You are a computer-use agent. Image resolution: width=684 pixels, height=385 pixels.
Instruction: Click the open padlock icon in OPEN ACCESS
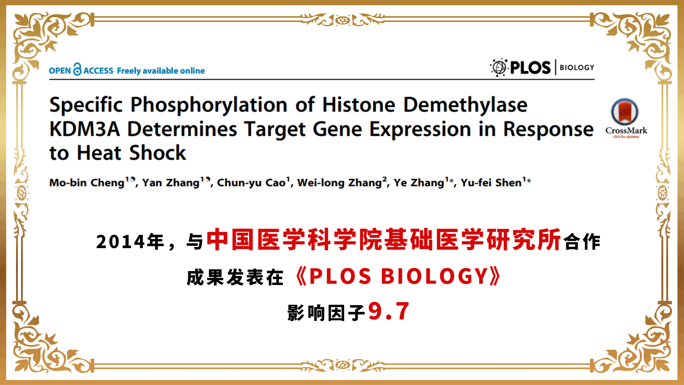pyautogui.click(x=77, y=69)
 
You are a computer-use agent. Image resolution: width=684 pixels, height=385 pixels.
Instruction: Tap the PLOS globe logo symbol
pyautogui.click(x=499, y=67)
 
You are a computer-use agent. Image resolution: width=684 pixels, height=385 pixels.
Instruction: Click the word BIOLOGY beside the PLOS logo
pyautogui.click(x=577, y=67)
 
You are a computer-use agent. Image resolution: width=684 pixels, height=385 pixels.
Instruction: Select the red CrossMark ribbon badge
pyautogui.click(x=625, y=112)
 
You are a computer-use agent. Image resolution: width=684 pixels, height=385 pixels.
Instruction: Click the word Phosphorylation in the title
pyautogui.click(x=209, y=105)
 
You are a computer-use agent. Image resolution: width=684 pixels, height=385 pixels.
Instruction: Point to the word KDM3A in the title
pyautogui.click(x=85, y=129)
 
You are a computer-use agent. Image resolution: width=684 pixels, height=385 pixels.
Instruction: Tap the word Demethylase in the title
pyautogui.click(x=465, y=105)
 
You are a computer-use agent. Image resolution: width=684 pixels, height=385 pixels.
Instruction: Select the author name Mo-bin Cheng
pyautogui.click(x=87, y=183)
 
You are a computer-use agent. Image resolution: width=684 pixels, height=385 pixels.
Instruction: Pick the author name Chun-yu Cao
pyautogui.click(x=251, y=183)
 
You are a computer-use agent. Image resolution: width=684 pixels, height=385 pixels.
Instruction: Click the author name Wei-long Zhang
pyautogui.click(x=340, y=183)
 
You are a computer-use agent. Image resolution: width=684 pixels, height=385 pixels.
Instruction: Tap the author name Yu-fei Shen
pyautogui.click(x=491, y=183)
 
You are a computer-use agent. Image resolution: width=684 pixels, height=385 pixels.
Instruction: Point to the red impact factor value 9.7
pyautogui.click(x=389, y=311)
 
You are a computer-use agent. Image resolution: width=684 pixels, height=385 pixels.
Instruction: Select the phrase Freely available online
pyautogui.click(x=161, y=71)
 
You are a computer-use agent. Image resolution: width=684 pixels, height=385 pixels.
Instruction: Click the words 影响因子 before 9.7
pyautogui.click(x=326, y=313)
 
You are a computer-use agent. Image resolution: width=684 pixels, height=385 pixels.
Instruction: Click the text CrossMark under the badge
pyautogui.click(x=626, y=130)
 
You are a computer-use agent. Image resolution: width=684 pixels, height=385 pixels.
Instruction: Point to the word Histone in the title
pyautogui.click(x=359, y=105)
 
